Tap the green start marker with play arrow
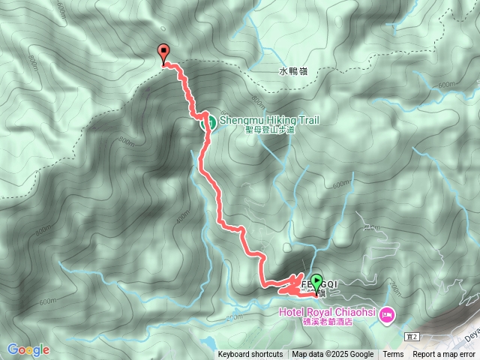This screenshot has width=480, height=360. pos(316,282)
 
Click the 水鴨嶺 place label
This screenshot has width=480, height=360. pos(292,72)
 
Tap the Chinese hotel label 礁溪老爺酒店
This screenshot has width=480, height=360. pos(327,322)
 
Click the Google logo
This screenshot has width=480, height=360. pos(28,349)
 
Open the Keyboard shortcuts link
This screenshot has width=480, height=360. pos(250,355)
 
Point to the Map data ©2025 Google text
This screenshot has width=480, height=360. pos(333,355)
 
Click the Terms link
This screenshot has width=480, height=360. pos(393,355)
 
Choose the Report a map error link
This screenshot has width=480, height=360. pos(444,355)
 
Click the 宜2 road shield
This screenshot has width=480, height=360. pos(409,337)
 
